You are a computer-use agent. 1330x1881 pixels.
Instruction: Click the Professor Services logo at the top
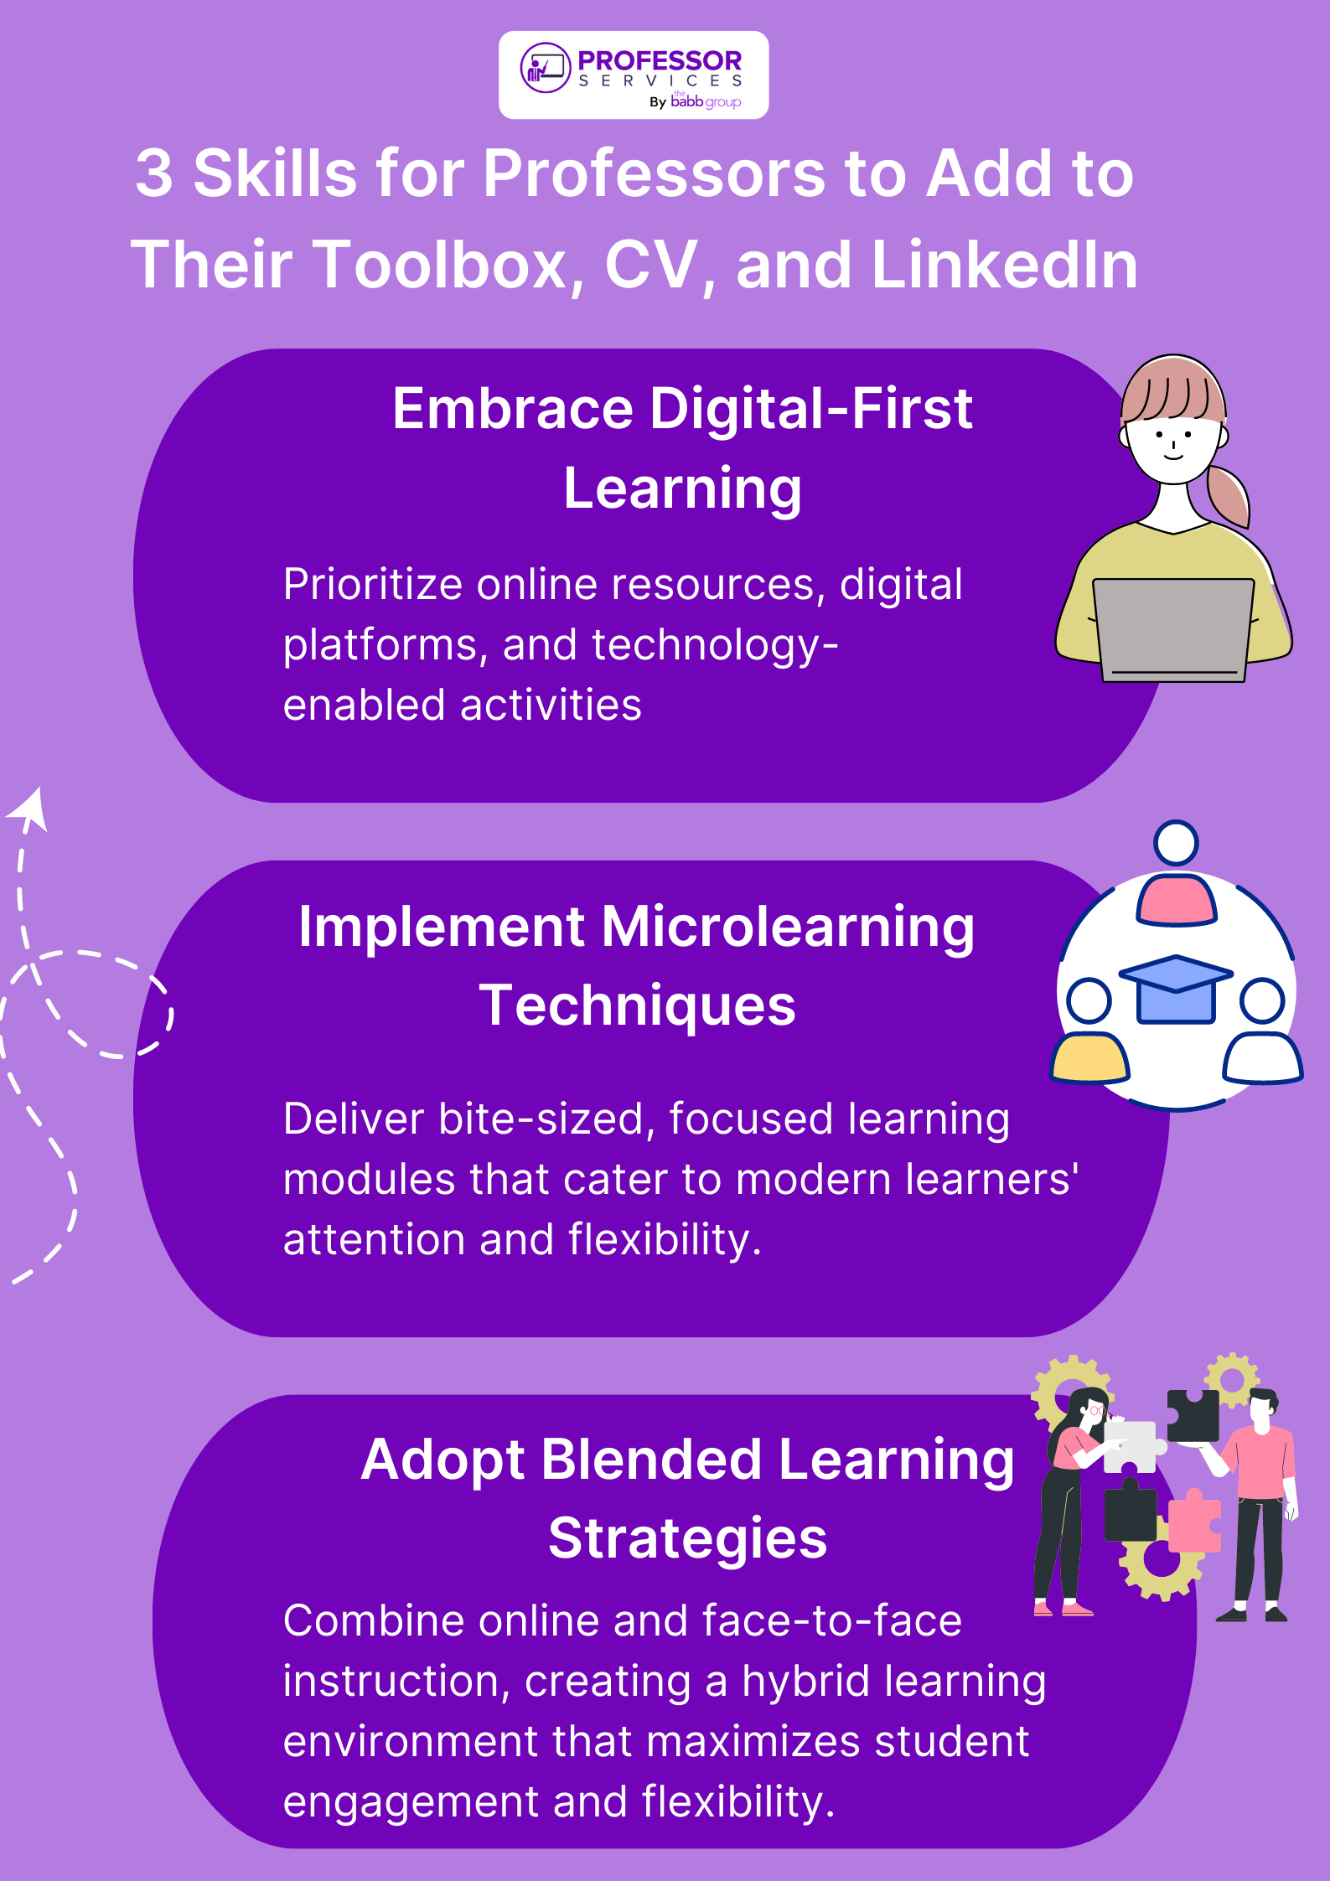click(634, 75)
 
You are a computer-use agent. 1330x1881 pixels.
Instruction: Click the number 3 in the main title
click(154, 173)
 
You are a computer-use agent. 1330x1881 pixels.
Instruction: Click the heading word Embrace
click(513, 409)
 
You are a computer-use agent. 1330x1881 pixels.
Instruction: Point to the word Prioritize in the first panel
click(373, 584)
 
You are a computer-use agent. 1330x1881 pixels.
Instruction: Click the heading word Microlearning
click(788, 928)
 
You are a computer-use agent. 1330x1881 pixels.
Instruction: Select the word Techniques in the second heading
click(638, 1005)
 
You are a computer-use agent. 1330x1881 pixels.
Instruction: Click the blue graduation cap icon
click(1176, 989)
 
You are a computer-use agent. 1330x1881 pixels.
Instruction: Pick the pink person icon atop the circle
click(1176, 899)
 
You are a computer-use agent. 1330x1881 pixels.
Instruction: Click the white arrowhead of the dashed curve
click(31, 809)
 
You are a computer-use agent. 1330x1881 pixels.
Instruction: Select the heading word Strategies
click(688, 1538)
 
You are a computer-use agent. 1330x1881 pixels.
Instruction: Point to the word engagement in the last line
click(411, 1802)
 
